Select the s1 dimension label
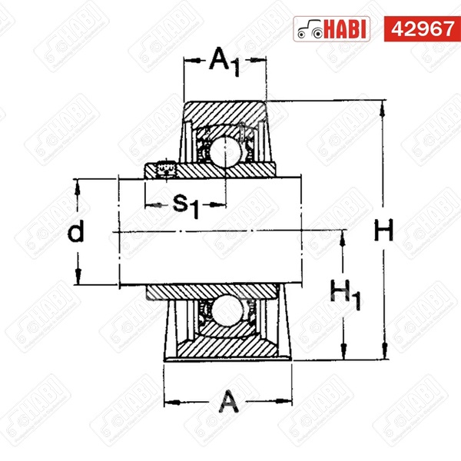(185, 204)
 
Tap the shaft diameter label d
(75, 232)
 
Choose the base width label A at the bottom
(228, 400)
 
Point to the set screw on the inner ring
(163, 168)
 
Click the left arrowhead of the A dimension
(169, 400)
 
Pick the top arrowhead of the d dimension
(78, 184)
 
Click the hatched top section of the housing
(224, 111)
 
